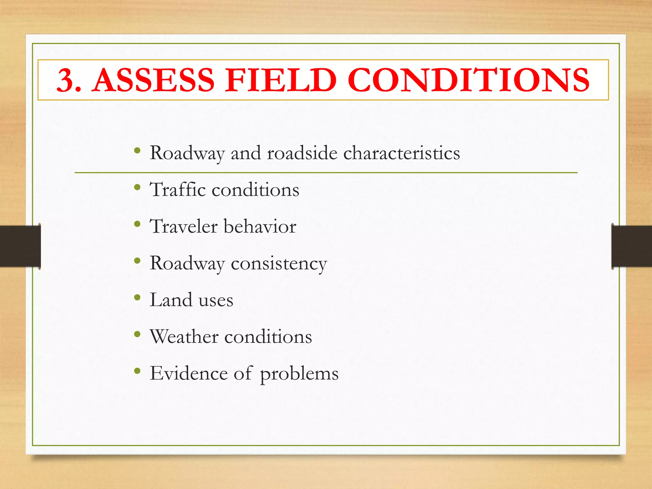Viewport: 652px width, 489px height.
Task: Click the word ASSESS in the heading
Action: pos(153,80)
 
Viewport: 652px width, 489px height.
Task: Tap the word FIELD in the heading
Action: pos(280,80)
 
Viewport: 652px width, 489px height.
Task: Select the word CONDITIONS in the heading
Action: pos(468,80)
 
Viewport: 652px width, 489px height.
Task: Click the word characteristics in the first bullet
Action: pos(401,153)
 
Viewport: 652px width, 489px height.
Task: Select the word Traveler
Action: pos(183,226)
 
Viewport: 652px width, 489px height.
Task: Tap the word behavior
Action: pos(260,226)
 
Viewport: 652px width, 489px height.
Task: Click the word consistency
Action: pos(279,264)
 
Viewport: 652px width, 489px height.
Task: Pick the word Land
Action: pos(171,300)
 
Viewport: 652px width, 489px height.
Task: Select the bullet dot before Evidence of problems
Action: pos(137,371)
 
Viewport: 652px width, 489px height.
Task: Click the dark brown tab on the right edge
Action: pos(632,246)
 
